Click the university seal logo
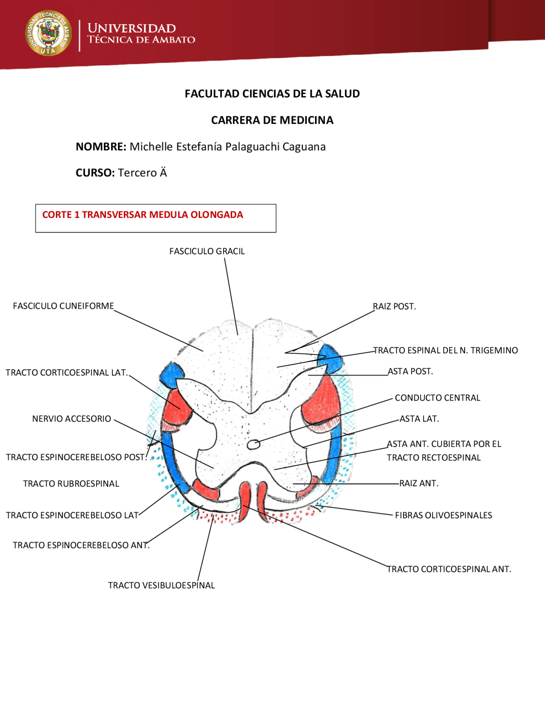(x=48, y=33)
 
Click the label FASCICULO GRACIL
(x=207, y=251)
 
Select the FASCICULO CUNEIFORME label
(x=63, y=306)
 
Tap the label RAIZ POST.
(x=394, y=307)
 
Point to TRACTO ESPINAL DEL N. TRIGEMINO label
(x=445, y=350)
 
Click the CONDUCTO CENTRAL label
(x=437, y=398)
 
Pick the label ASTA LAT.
(x=419, y=419)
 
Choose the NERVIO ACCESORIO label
(x=72, y=419)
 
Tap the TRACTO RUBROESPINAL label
(x=71, y=484)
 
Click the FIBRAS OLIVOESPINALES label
(x=443, y=515)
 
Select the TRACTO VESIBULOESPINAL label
(x=161, y=585)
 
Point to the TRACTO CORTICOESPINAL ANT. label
(x=449, y=569)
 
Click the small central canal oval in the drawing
(x=253, y=444)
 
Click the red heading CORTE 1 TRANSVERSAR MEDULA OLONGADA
(x=143, y=215)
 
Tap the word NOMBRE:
(x=101, y=147)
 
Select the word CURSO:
(x=95, y=173)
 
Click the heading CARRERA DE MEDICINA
(x=272, y=120)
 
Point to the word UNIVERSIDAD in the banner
(x=132, y=29)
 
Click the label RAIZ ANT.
(x=419, y=483)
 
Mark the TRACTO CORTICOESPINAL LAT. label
(x=66, y=373)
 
